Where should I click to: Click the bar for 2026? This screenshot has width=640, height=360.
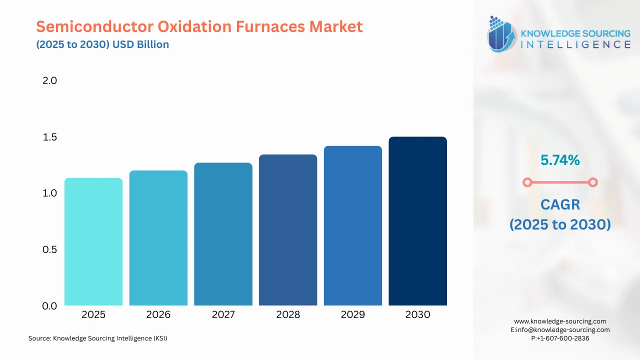(158, 238)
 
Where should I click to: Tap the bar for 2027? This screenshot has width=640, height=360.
(223, 234)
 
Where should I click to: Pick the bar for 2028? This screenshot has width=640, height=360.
(288, 230)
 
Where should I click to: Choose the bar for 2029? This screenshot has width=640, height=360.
(353, 225)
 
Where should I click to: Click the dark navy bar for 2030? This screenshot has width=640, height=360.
(417, 221)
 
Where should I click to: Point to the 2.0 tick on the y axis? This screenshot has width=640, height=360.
(50, 80)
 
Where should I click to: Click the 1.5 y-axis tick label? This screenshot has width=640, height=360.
(50, 137)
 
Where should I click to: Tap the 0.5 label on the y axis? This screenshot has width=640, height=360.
(50, 249)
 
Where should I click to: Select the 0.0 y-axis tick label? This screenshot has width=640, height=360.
(50, 306)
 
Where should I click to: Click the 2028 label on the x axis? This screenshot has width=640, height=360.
(288, 314)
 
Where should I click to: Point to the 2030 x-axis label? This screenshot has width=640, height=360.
(417, 314)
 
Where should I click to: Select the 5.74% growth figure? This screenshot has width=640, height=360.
(560, 160)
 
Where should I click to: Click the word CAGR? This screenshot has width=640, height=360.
(560, 204)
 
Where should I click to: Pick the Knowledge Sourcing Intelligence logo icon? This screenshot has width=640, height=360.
(502, 34)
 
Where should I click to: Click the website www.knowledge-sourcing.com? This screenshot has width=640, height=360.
(560, 321)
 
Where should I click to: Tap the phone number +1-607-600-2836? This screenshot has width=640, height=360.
(562, 338)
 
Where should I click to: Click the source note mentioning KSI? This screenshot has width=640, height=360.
(97, 338)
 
